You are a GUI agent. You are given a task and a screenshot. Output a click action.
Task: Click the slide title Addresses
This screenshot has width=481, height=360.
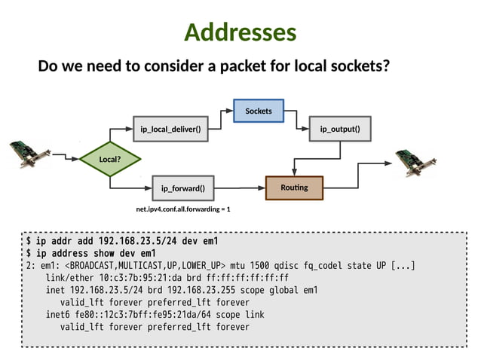pos(240,32)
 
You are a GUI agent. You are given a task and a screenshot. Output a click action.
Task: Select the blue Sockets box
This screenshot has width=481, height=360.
pos(258,111)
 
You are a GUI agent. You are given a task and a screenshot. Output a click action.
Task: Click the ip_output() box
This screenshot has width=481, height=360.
pos(340,129)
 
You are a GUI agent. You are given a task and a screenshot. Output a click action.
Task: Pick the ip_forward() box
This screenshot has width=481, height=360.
pos(183,187)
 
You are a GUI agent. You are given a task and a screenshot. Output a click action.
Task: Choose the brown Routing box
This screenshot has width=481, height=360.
pos(294,186)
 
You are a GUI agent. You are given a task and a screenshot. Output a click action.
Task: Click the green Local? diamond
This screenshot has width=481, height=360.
pos(110,159)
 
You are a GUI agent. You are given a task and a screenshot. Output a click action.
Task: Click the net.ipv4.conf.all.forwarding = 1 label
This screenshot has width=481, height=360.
pos(183,209)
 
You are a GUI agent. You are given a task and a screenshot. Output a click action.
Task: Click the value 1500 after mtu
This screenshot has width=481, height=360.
pos(257,266)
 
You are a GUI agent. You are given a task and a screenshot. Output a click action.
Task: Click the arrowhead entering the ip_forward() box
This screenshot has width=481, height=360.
pos(149,187)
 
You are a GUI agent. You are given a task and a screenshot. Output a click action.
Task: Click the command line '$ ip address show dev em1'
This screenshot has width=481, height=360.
pos(91,254)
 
